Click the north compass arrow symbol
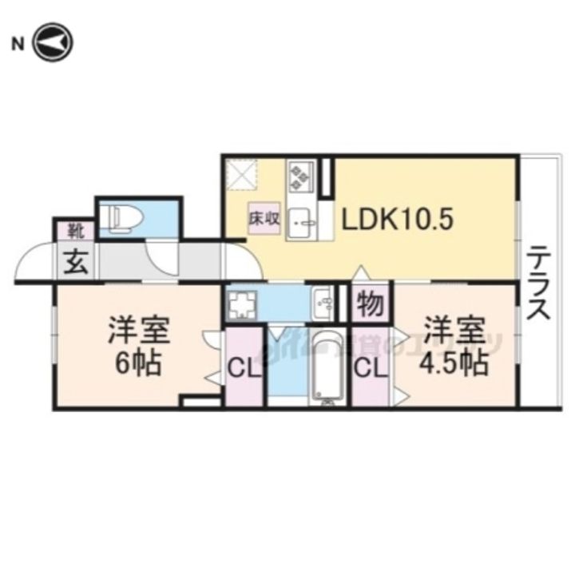54,42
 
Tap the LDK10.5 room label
399,220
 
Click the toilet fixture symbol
123,216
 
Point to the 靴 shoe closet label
75,232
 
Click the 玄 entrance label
74,260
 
